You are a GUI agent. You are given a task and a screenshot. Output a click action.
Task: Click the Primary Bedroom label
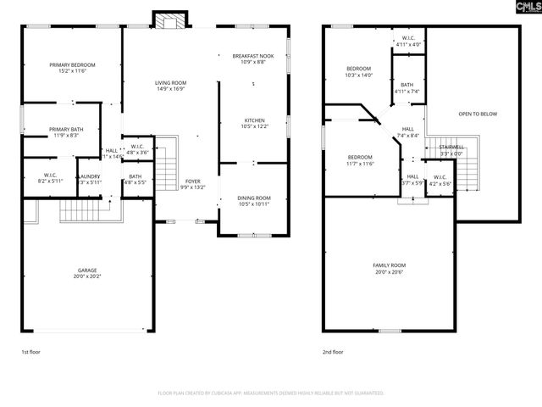click(x=71, y=68)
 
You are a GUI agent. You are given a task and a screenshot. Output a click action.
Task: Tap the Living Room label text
click(x=170, y=85)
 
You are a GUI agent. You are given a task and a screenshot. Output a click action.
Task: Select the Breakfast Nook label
click(x=253, y=59)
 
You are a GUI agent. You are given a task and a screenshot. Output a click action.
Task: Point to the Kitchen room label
click(x=255, y=123)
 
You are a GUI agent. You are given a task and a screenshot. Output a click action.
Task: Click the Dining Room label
click(x=255, y=201)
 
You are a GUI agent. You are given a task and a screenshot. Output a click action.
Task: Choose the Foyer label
click(x=193, y=184)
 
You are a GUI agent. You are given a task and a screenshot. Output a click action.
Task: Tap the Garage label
click(x=88, y=272)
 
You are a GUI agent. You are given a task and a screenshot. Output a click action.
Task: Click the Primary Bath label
click(x=64, y=131)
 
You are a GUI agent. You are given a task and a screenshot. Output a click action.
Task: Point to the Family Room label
click(x=390, y=269)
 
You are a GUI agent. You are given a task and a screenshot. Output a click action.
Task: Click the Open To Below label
click(x=478, y=114)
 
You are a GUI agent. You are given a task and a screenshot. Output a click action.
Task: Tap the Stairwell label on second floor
click(x=451, y=149)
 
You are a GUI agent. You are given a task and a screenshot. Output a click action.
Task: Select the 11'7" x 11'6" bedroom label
click(x=360, y=160)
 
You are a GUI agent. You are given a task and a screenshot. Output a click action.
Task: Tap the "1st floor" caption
click(x=30, y=351)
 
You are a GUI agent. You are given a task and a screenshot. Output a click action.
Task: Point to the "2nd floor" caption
click(x=333, y=351)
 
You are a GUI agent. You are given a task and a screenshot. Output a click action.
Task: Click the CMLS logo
click(x=526, y=8)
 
